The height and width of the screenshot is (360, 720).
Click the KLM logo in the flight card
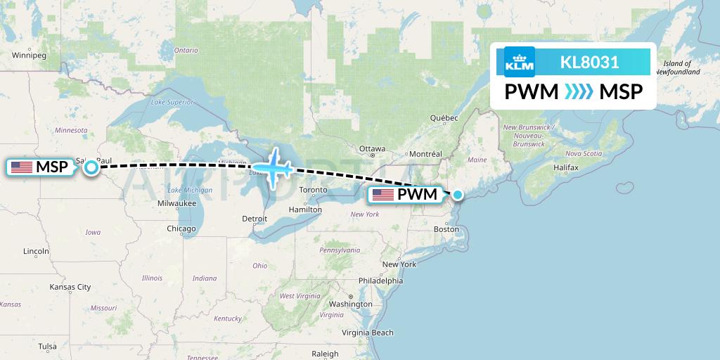point(520,62)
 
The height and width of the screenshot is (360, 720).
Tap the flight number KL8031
point(589,62)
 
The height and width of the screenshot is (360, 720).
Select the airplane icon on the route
point(273,168)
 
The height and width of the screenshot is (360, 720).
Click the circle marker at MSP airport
point(91,167)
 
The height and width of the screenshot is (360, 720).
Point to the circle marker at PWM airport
point(458,195)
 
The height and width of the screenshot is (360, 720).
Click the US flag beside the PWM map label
point(383,195)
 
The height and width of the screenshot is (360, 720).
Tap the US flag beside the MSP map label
point(22,167)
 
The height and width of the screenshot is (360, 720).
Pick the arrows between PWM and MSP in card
point(579,92)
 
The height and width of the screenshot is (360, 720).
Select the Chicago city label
point(181,229)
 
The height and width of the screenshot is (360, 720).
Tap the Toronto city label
point(314,190)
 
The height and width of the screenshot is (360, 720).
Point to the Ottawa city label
point(372,149)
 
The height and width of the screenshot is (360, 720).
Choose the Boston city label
point(446,229)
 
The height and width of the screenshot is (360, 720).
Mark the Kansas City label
point(70,287)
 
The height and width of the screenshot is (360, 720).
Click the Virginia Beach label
point(368,333)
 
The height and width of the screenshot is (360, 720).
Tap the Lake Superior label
point(172,102)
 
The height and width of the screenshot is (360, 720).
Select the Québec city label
point(444,118)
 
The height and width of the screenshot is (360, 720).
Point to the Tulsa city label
point(48,346)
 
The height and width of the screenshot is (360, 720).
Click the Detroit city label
point(255,219)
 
